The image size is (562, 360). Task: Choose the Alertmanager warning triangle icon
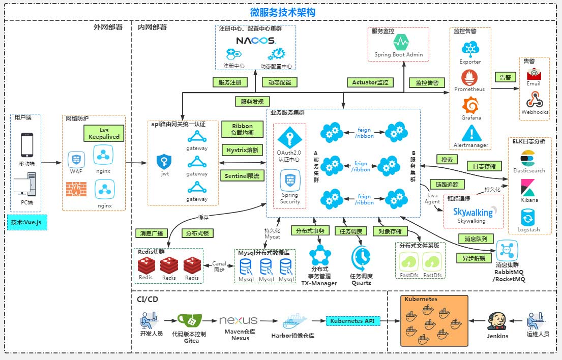[469, 134]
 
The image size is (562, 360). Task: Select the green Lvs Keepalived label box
[104, 133]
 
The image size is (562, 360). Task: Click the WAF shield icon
[76, 160]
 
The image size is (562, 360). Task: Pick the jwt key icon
[164, 162]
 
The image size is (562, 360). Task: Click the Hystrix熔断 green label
[242, 150]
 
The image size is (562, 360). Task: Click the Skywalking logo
[472, 212]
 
